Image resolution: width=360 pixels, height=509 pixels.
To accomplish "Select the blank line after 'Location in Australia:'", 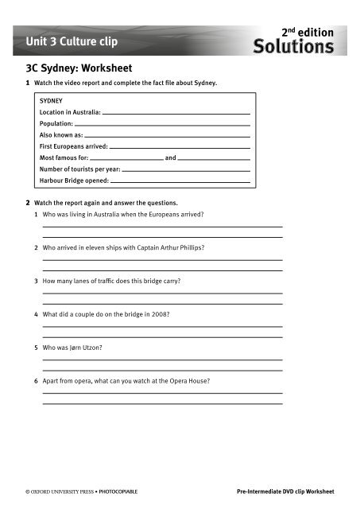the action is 176,114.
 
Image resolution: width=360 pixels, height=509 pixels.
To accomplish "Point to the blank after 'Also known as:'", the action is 171,136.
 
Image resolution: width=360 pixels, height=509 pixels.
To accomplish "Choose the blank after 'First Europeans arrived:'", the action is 180,147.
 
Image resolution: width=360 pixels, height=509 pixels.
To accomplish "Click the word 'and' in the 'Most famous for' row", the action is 170,158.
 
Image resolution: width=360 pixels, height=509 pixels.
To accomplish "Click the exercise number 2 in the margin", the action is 29,203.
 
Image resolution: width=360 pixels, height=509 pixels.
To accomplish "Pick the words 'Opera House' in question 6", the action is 188,381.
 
